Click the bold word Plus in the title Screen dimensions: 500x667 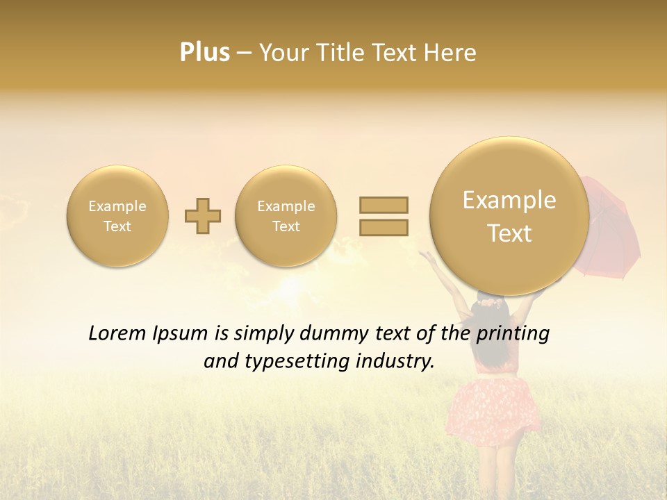(204, 53)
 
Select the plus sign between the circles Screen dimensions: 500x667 (203, 217)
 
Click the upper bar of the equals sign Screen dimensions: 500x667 (384, 205)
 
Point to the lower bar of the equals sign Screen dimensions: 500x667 (384, 226)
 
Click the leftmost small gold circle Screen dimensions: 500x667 (117, 216)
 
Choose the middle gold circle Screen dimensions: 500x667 (286, 216)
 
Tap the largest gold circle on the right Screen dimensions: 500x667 (509, 216)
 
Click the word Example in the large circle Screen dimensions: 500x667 (509, 200)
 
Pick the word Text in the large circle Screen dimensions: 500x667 (509, 233)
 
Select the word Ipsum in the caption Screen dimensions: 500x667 (179, 334)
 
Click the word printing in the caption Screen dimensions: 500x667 (512, 334)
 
